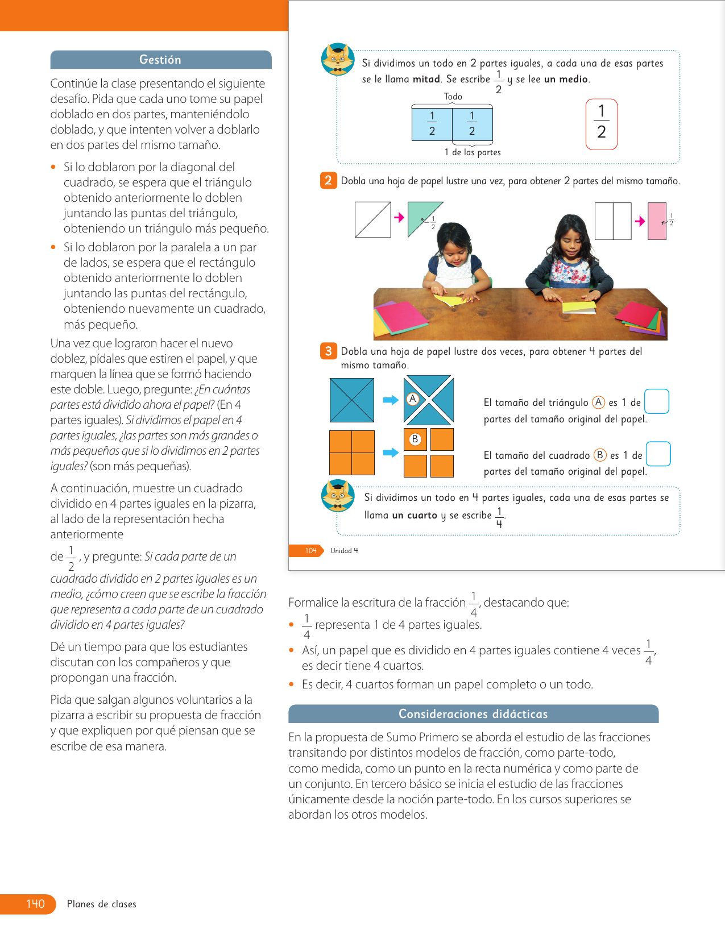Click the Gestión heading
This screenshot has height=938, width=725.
click(x=160, y=60)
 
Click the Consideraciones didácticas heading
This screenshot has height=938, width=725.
click(x=473, y=714)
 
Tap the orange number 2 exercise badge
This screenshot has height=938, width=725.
click(x=328, y=181)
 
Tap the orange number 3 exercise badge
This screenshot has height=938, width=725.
click(x=328, y=351)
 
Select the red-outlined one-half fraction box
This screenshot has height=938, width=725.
click(x=601, y=124)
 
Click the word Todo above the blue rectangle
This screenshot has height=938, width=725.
click(x=453, y=97)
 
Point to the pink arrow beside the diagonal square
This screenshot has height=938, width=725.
click(x=399, y=217)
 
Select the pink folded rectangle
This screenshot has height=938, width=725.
click(x=657, y=221)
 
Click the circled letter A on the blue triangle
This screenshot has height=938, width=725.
click(x=413, y=399)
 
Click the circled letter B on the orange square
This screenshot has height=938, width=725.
click(x=415, y=439)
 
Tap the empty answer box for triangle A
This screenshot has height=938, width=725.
click(x=657, y=401)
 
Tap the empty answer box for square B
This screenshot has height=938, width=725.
click(x=658, y=454)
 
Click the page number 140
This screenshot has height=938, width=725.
click(x=35, y=904)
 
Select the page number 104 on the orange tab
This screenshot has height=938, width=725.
click(x=310, y=550)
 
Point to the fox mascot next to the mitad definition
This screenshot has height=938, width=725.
click(x=338, y=59)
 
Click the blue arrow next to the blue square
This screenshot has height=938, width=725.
click(x=391, y=400)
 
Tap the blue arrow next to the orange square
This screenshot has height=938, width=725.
click(x=391, y=453)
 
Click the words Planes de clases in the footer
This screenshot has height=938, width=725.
click(x=102, y=904)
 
